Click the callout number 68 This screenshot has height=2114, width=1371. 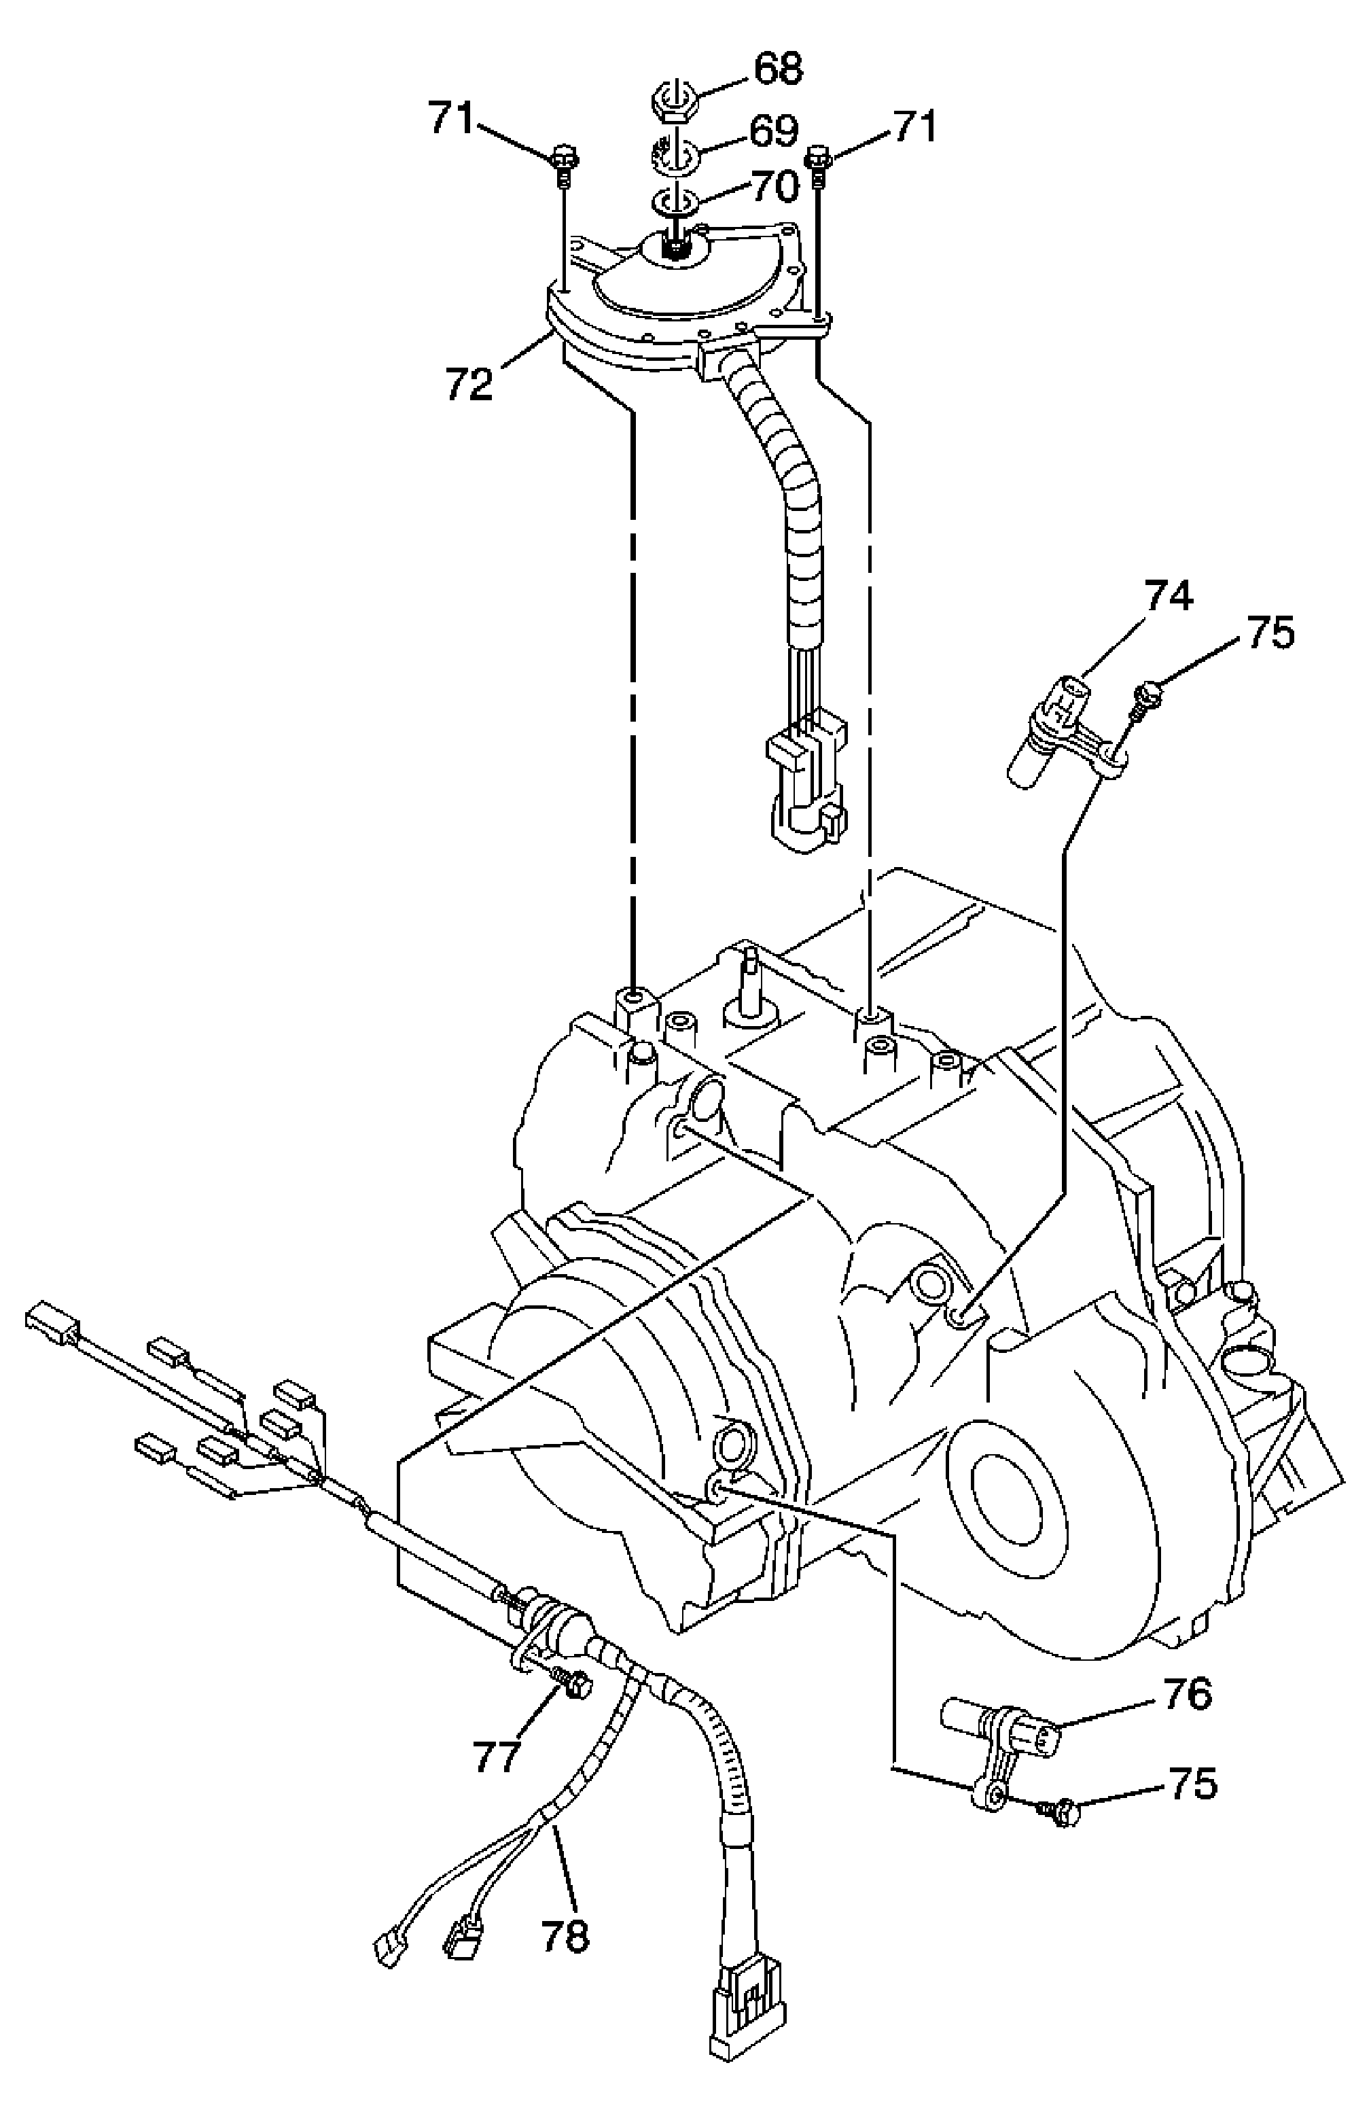tap(777, 69)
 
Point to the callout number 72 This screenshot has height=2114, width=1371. tap(469, 385)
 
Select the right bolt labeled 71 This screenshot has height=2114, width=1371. tap(818, 166)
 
